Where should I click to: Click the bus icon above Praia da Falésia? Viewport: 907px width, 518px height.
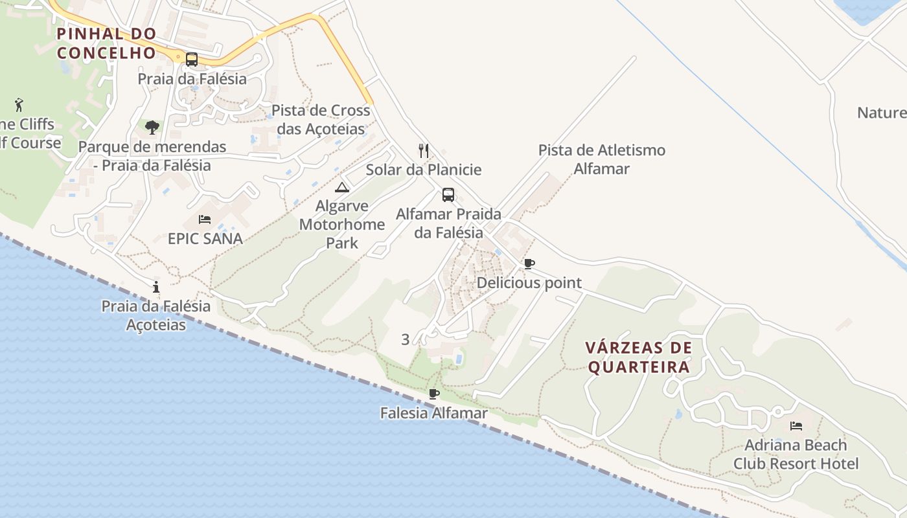[192, 60]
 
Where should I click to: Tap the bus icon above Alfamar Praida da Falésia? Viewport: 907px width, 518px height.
[448, 194]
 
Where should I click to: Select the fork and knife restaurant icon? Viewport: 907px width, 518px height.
[424, 151]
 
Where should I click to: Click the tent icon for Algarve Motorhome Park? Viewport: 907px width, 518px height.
[342, 188]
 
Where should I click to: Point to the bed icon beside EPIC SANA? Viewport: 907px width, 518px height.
[205, 220]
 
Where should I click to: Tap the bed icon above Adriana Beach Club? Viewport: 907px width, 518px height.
[796, 426]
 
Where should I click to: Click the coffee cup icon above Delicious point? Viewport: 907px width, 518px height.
[529, 264]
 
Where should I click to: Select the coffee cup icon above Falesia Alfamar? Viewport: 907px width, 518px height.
[434, 394]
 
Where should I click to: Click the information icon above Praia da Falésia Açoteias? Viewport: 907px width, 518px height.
[156, 287]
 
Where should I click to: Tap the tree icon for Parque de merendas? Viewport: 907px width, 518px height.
[152, 127]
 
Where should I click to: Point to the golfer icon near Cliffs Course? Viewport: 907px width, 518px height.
[19, 104]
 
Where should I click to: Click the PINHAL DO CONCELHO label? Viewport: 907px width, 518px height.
[107, 43]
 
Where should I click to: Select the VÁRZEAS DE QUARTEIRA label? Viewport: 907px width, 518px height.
[639, 357]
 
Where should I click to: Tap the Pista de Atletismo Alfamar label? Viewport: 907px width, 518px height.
[602, 159]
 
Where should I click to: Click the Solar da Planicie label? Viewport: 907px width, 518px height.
[424, 170]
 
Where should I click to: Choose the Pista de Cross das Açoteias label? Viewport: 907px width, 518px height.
[321, 119]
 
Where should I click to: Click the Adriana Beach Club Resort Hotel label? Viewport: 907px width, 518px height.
[796, 455]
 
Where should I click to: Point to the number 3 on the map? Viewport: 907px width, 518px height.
[406, 339]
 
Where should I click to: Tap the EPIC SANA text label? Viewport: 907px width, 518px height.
[205, 238]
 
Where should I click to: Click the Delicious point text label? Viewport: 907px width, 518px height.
[529, 283]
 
